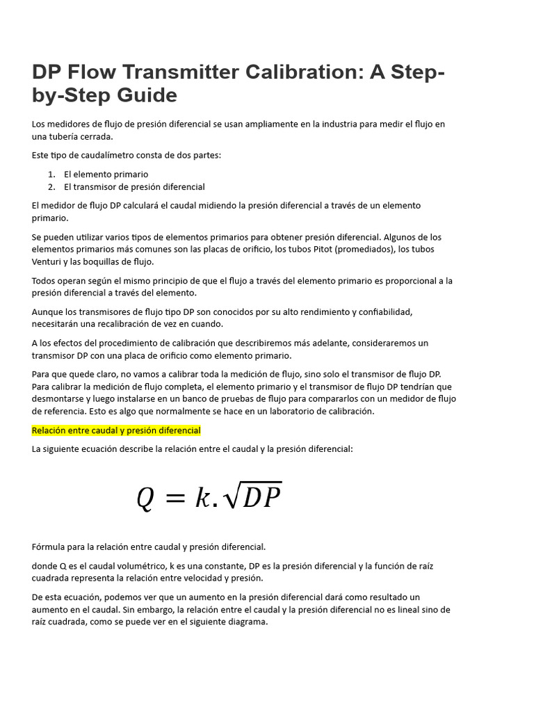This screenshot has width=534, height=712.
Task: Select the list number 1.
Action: point(51,174)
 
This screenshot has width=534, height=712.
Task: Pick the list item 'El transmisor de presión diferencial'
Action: point(134,186)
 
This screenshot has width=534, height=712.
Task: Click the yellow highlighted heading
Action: point(116,430)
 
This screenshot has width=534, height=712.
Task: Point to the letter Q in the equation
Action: point(145,498)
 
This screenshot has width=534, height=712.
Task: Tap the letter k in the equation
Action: point(202,497)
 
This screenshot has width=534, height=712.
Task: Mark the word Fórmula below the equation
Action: point(49,547)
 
